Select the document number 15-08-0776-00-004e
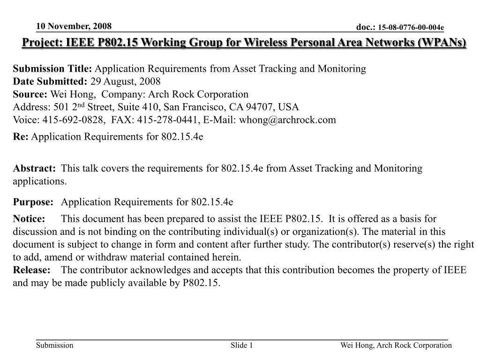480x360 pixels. (x=411, y=28)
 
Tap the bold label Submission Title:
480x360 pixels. (x=53, y=69)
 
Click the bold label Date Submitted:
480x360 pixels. (x=50, y=82)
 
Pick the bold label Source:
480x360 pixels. (x=30, y=94)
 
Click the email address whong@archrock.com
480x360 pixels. (x=287, y=120)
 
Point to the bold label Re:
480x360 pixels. (x=21, y=136)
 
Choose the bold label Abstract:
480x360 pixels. (x=34, y=168)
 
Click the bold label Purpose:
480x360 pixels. (x=33, y=202)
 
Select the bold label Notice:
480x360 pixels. (x=29, y=219)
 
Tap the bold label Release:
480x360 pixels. (x=31, y=270)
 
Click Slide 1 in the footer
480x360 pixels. (x=242, y=345)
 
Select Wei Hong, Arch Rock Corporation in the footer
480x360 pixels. (x=396, y=345)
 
